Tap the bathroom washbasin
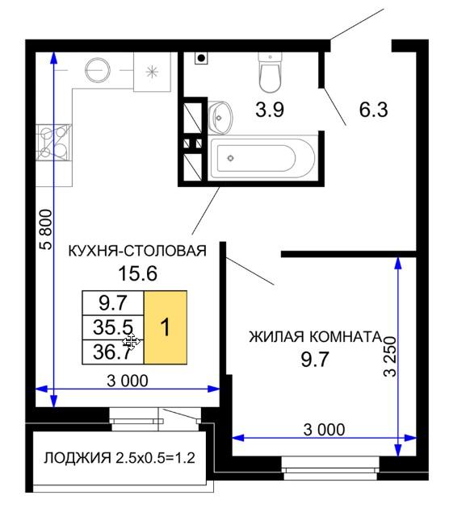coord(220,118)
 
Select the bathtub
coord(262,158)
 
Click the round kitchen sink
coord(98,70)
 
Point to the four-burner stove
coord(53,143)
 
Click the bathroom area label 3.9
coord(270,110)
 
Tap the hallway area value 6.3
coord(373,110)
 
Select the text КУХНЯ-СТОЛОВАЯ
coord(137,251)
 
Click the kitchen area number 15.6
coord(137,273)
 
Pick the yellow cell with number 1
coord(166,327)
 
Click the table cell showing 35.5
coord(113,327)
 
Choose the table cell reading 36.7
coord(113,352)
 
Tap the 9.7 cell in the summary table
coord(113,303)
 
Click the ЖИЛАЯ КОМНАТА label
coord(316,337)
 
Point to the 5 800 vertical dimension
coord(47,230)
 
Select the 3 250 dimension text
coord(389,356)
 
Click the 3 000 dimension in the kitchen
coord(128,381)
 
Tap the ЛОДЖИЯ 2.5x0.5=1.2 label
coord(120,458)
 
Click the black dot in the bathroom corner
coord(201,58)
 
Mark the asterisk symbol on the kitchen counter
coord(152,72)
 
